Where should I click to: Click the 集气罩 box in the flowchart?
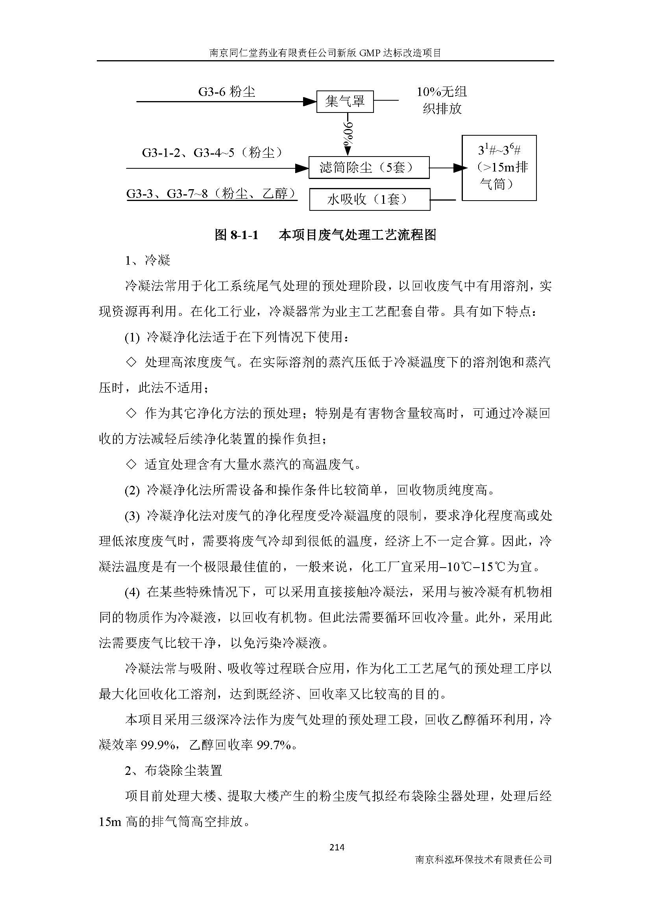click(345, 102)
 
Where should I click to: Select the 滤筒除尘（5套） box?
click(369, 168)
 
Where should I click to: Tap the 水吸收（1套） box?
click(370, 199)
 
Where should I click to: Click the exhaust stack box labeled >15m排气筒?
click(499, 168)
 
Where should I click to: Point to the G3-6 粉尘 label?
click(226, 92)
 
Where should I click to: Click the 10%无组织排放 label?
click(442, 100)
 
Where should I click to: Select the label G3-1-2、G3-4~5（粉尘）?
click(213, 153)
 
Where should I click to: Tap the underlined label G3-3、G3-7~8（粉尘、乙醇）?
click(212, 194)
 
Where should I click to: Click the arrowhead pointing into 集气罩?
click(309, 102)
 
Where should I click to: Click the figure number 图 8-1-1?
click(237, 235)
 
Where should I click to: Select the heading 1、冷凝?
click(148, 260)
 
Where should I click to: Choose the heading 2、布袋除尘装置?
click(173, 770)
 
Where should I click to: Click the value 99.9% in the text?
click(157, 745)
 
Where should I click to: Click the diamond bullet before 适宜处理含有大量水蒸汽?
click(131, 465)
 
